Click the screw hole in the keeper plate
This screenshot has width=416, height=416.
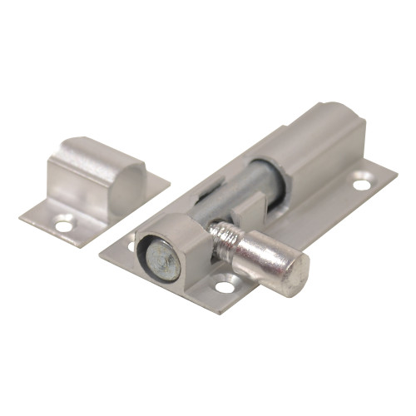[63, 223]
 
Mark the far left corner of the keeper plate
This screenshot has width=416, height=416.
[21, 218]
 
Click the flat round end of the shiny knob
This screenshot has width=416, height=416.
[290, 271]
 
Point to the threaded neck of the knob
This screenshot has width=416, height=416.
[223, 236]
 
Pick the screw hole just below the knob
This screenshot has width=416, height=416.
[224, 288]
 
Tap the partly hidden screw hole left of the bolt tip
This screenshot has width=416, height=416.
[131, 246]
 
